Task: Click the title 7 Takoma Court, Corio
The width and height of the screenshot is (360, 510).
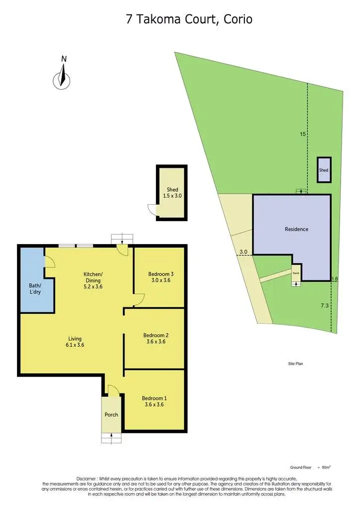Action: [189, 19]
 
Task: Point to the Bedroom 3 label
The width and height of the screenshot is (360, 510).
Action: [160, 277]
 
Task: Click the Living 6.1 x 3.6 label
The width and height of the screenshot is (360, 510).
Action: [75, 342]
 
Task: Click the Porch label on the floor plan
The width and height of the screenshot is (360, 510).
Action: [111, 414]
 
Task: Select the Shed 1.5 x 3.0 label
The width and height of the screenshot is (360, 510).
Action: [172, 192]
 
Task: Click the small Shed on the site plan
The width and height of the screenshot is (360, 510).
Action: [324, 170]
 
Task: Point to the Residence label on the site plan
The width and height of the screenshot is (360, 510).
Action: [296, 229]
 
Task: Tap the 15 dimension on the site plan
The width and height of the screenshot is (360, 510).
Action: [302, 134]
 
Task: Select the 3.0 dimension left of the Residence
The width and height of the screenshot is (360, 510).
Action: [243, 253]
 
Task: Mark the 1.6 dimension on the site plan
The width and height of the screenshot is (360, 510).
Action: [335, 279]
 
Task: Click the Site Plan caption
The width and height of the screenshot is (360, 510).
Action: [296, 364]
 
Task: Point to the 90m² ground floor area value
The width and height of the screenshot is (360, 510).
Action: [327, 468]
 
